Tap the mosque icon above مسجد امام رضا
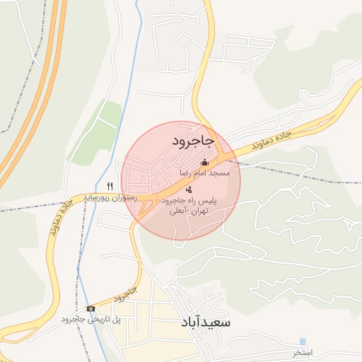coord(205,163)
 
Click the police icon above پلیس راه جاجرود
coord(189,189)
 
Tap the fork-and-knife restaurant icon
coord(110,185)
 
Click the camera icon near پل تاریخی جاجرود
coord(90,308)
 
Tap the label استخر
coord(302,352)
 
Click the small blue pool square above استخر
coord(303,341)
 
